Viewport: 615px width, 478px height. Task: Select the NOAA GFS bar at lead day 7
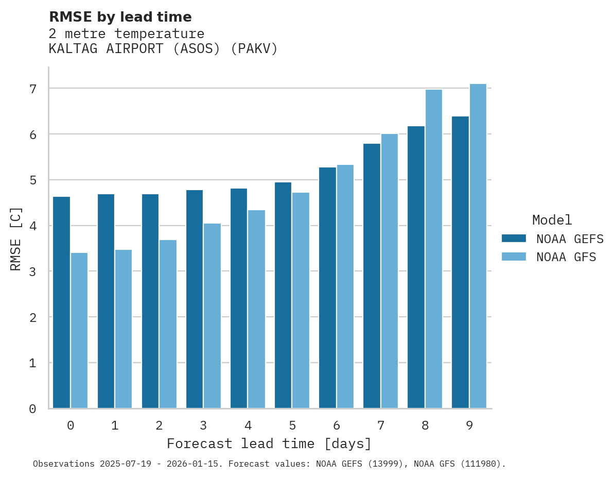click(389, 271)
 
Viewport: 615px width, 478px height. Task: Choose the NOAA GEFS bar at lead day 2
click(150, 301)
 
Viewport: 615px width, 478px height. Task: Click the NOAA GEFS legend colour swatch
click(514, 238)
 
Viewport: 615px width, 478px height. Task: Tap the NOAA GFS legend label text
click(566, 257)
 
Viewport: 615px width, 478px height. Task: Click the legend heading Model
click(552, 220)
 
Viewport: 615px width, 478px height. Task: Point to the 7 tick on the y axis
click(33, 89)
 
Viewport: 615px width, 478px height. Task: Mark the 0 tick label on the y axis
click(33, 409)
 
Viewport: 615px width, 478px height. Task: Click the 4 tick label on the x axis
click(248, 425)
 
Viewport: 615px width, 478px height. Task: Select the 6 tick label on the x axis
click(336, 425)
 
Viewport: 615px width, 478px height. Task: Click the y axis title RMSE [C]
click(16, 238)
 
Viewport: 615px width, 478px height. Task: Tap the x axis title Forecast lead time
click(269, 443)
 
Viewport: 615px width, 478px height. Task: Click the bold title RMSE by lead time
click(120, 17)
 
